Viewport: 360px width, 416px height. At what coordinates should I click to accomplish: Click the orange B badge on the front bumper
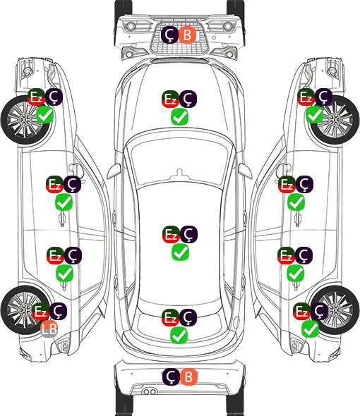tap(187, 35)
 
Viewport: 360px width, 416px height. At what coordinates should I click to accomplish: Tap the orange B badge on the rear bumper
tap(188, 377)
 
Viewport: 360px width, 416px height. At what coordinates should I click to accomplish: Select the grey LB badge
tap(49, 329)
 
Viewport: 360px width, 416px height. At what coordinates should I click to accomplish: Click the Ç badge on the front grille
tap(169, 35)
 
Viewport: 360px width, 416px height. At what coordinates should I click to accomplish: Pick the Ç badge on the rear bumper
tap(171, 377)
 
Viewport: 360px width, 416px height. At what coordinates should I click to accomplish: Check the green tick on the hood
tap(179, 116)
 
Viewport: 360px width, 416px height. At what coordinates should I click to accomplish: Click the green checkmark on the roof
tap(181, 252)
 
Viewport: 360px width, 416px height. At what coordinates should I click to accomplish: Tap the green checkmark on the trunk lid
tap(179, 335)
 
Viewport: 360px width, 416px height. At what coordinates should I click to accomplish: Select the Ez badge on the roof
tap(171, 234)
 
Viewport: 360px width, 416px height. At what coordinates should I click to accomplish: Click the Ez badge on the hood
tap(170, 99)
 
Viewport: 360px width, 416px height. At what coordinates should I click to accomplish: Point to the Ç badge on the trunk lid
tap(188, 317)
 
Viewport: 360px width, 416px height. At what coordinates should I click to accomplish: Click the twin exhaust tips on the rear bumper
tap(150, 392)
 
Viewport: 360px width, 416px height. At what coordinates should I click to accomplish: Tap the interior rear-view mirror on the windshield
tap(180, 173)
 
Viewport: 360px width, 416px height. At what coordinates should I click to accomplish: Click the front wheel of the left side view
tap(25, 120)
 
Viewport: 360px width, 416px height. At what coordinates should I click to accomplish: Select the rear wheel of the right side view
tap(335, 310)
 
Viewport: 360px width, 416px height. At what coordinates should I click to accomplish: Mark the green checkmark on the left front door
tap(64, 202)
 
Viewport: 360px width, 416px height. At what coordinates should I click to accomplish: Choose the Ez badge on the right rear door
tap(286, 255)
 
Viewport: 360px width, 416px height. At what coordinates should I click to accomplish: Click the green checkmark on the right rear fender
tap(311, 329)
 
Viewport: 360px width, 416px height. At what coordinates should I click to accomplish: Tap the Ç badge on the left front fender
tap(54, 97)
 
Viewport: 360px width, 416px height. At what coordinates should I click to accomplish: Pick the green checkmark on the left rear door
tap(64, 274)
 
